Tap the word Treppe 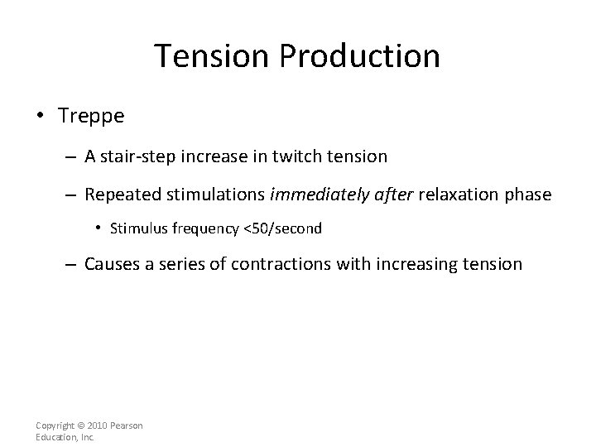[x=91, y=116]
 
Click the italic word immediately [x=309, y=195]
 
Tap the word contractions [x=291, y=264]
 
